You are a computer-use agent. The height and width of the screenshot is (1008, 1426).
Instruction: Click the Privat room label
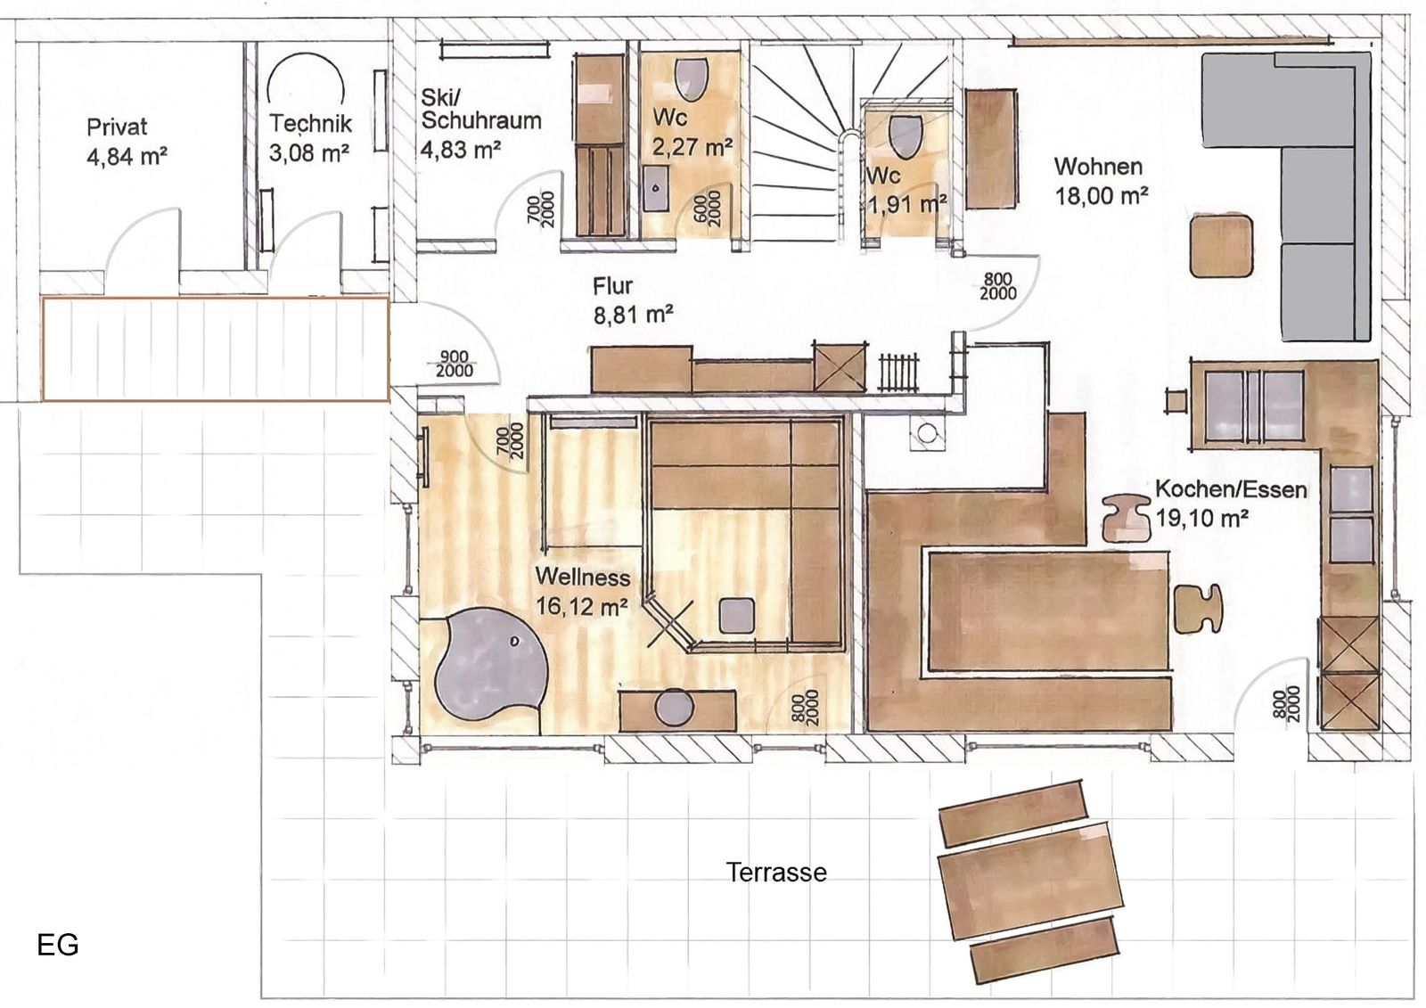click(x=117, y=127)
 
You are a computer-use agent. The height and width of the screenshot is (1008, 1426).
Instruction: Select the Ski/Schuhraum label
click(x=480, y=109)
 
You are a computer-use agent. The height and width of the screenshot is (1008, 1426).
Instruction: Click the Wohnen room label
click(x=1098, y=166)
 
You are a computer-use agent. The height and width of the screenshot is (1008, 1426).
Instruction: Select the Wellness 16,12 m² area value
click(x=582, y=606)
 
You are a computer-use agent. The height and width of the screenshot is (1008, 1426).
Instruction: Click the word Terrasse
click(x=776, y=872)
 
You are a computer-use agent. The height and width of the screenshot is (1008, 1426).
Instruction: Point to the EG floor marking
click(x=58, y=945)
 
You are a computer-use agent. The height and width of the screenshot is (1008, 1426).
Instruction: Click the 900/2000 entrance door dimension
click(x=455, y=364)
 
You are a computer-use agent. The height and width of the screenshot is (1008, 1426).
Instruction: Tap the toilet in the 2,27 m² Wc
click(x=692, y=79)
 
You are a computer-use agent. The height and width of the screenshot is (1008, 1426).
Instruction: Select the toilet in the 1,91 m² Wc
click(x=906, y=136)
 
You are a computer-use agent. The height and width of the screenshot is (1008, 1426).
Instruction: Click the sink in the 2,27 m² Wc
click(x=656, y=188)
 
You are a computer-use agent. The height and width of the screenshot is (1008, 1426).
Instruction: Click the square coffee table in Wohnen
click(x=1222, y=246)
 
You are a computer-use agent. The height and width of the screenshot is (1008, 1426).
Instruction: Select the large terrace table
click(x=1030, y=880)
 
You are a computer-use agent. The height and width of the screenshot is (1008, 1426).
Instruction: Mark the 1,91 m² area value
click(x=906, y=204)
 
